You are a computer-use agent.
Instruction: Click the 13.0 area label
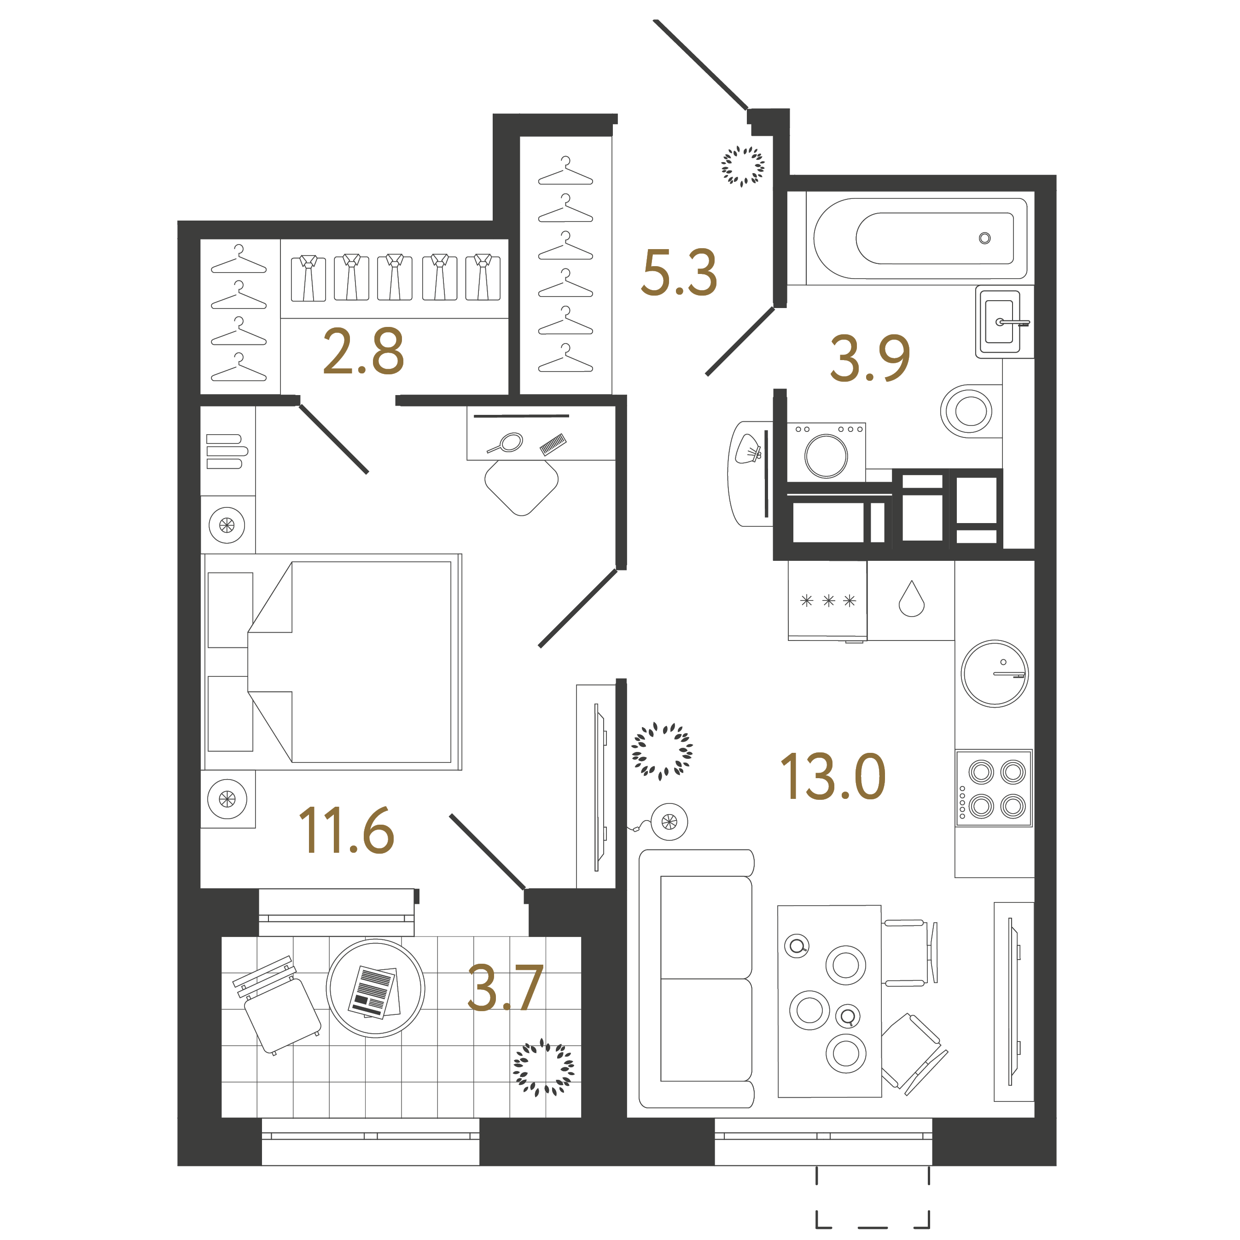(x=832, y=777)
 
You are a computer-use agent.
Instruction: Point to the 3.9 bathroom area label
(x=870, y=358)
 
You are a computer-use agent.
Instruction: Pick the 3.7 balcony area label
(x=505, y=989)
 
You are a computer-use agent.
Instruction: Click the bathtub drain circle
(x=984, y=238)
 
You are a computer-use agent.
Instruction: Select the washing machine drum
(x=826, y=456)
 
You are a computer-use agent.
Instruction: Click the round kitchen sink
(x=994, y=673)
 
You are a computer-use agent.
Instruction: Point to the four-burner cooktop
(x=994, y=788)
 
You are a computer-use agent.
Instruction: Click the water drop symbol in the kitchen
(x=911, y=600)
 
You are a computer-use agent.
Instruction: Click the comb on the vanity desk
(x=553, y=444)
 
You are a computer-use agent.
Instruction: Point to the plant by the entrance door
(x=743, y=166)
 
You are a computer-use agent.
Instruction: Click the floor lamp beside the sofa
(x=669, y=821)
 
